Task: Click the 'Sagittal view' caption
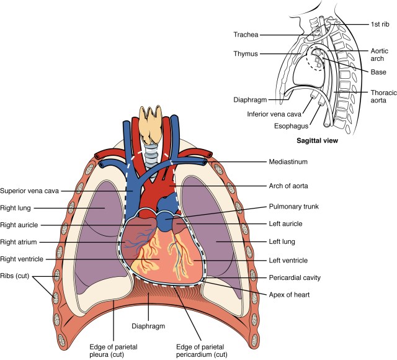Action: point(317,141)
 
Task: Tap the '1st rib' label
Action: point(378,25)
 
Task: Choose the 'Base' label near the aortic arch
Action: point(379,71)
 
